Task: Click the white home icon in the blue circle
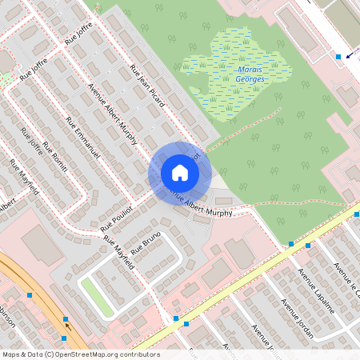coord(180,173)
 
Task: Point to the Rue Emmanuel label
coord(83,142)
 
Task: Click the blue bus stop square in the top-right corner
coord(338,56)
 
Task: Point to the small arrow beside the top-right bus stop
coord(349,63)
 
